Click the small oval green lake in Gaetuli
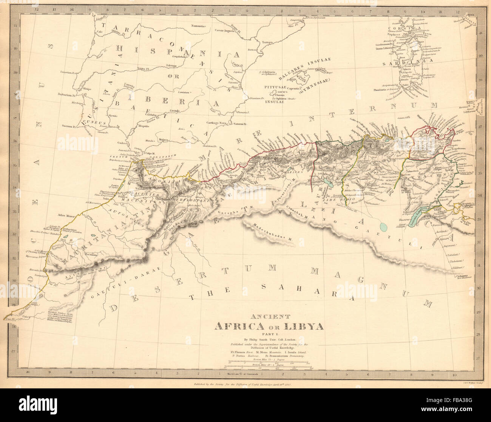383,227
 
